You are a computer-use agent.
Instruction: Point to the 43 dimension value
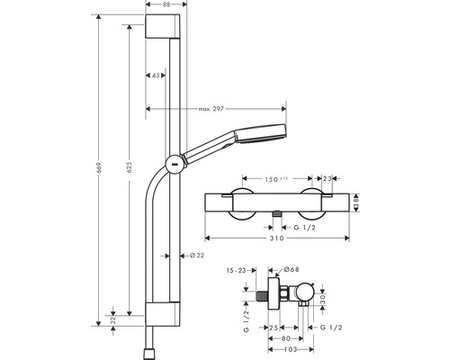[x=157, y=76]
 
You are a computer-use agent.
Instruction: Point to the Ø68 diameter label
[x=291, y=269]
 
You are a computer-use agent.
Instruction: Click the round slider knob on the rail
[x=172, y=164]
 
